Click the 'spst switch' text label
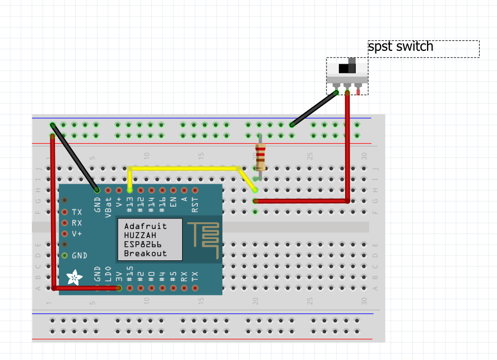[x=401, y=46]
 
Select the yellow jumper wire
[x=185, y=167]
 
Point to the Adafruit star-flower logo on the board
[x=73, y=277]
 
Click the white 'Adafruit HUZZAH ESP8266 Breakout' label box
[x=150, y=240]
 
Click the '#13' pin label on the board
[x=130, y=204]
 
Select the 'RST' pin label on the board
[x=195, y=204]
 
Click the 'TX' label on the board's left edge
[x=77, y=212]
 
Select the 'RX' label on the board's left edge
[x=77, y=223]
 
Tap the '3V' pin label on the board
[x=119, y=276]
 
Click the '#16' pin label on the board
[x=162, y=204]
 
